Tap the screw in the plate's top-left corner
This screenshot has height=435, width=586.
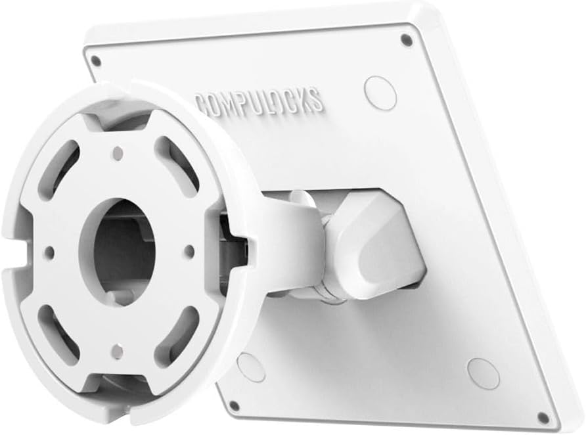click(96, 60)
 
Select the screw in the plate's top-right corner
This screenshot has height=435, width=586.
click(407, 39)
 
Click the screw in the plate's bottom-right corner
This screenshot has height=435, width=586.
click(543, 417)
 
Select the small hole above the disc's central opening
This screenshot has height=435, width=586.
click(118, 154)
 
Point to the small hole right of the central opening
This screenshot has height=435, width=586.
click(189, 250)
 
